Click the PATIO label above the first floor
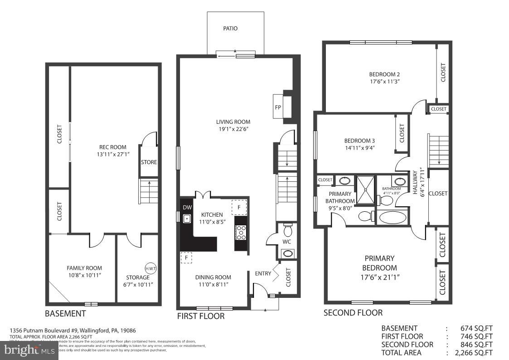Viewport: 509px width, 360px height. click(230, 29)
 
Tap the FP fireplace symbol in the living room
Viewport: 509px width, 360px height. click(278, 107)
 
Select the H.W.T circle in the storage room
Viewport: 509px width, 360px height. click(150, 268)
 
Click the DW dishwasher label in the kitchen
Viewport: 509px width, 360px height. click(187, 208)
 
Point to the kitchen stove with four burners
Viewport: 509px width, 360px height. click(241, 232)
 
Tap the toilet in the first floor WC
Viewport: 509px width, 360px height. click(287, 228)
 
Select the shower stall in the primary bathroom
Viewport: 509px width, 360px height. click(365, 190)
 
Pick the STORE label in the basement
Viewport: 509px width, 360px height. click(149, 162)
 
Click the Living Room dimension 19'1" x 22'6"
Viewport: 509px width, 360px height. click(233, 129)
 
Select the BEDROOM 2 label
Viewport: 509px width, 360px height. click(384, 74)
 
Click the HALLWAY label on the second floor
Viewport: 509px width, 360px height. click(415, 183)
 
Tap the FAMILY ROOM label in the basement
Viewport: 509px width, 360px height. click(84, 268)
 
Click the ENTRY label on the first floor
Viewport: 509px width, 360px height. click(263, 273)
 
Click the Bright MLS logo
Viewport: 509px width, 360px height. click(29, 350)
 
